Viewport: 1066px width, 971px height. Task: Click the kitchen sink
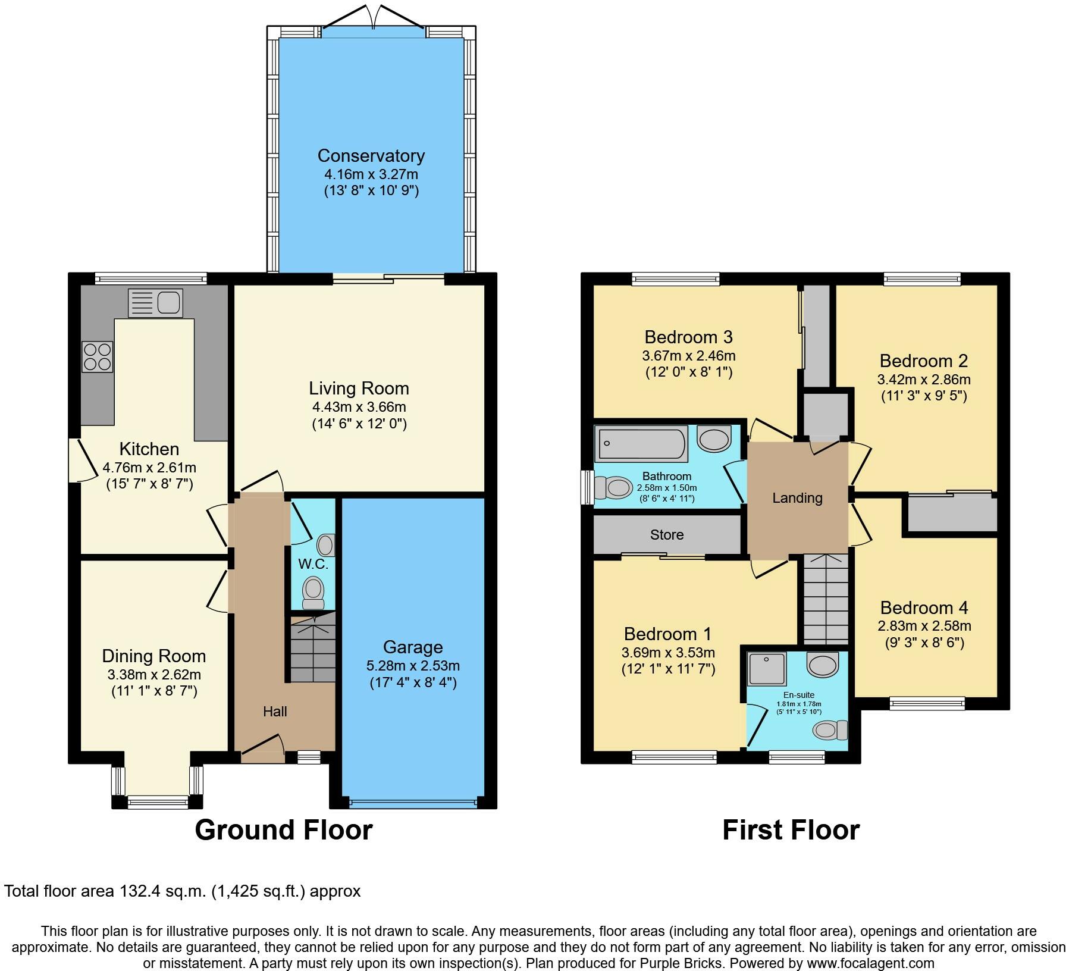coord(155,302)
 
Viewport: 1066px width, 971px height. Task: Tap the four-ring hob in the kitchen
coord(97,356)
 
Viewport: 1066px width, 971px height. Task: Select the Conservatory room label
coord(371,155)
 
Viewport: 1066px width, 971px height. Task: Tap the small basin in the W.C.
coord(327,544)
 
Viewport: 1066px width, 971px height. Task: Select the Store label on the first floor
coord(667,534)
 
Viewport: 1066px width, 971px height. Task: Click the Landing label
coord(797,498)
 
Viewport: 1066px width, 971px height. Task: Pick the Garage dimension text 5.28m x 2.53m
coord(413,666)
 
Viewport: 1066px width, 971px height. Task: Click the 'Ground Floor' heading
coord(284,830)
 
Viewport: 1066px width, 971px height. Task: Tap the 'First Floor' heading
coord(791,830)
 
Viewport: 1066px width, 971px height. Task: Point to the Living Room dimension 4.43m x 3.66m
coord(359,407)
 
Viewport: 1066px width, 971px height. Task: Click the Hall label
coord(275,711)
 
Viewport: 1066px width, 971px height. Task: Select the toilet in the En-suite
coord(831,729)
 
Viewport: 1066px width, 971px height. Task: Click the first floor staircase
coord(826,599)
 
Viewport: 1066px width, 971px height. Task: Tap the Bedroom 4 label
coord(924,607)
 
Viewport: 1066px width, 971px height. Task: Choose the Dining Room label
coord(154,656)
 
